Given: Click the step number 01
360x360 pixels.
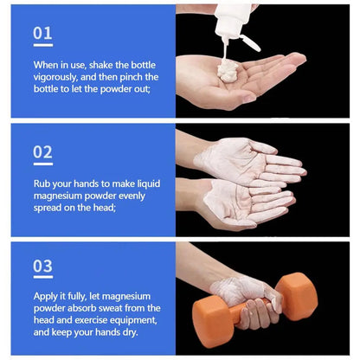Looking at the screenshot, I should point(42,33).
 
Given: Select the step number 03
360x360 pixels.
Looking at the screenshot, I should point(43,267).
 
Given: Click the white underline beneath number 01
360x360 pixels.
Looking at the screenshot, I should point(42,45).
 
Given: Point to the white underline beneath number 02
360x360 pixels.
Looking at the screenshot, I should point(43,163).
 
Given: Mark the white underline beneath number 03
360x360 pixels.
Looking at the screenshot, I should point(43,279).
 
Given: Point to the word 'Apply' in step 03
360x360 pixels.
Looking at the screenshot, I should point(48,295).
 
